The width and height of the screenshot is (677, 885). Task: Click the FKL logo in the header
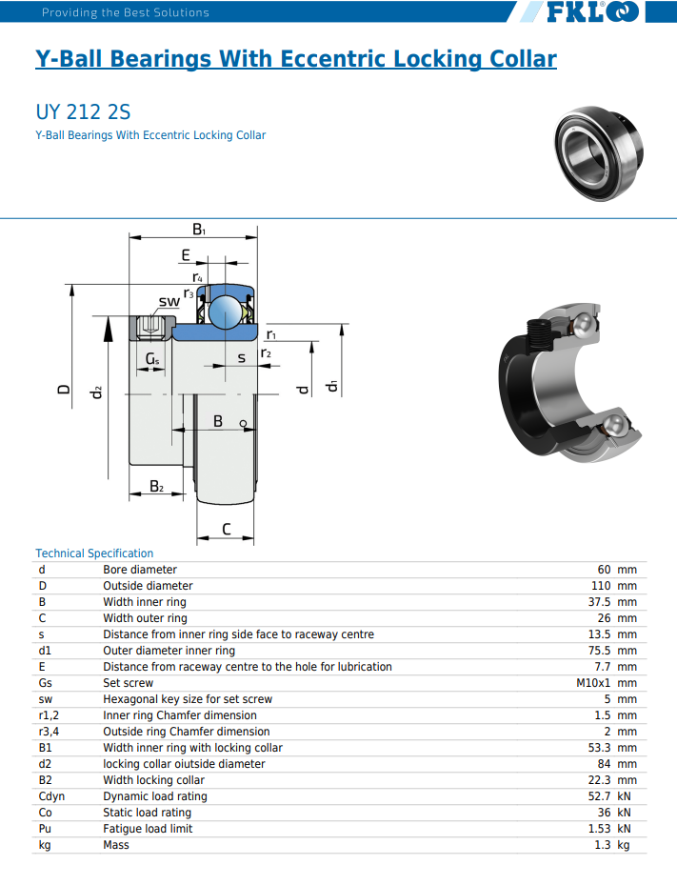pyautogui.click(x=592, y=11)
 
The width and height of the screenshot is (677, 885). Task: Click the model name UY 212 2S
pyautogui.click(x=83, y=111)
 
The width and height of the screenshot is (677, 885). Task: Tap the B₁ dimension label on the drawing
pyautogui.click(x=199, y=230)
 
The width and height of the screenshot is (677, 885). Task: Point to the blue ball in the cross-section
pyautogui.click(x=226, y=312)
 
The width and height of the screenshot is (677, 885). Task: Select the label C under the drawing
pyautogui.click(x=227, y=529)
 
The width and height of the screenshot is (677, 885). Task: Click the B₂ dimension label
pyautogui.click(x=157, y=486)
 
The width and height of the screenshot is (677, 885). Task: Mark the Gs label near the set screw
pyautogui.click(x=152, y=359)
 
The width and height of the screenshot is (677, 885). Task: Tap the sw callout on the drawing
pyautogui.click(x=169, y=301)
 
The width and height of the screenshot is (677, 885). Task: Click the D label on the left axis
pyautogui.click(x=65, y=389)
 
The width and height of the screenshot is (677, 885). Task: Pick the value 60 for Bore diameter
pyautogui.click(x=605, y=570)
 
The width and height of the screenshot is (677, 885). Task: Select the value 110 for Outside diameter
pyautogui.click(x=601, y=586)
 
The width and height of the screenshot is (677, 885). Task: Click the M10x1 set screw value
pyautogui.click(x=593, y=683)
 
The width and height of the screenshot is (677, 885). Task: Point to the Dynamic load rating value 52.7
pyautogui.click(x=599, y=796)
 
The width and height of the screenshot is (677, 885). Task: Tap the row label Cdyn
pyautogui.click(x=52, y=796)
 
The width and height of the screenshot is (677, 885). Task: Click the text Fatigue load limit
pyautogui.click(x=148, y=829)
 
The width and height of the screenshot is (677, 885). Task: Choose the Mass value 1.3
pyautogui.click(x=603, y=845)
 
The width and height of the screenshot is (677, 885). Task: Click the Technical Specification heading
pyautogui.click(x=94, y=553)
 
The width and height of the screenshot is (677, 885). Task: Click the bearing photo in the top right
pyautogui.click(x=599, y=152)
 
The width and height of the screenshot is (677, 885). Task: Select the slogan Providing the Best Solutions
pyautogui.click(x=126, y=12)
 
